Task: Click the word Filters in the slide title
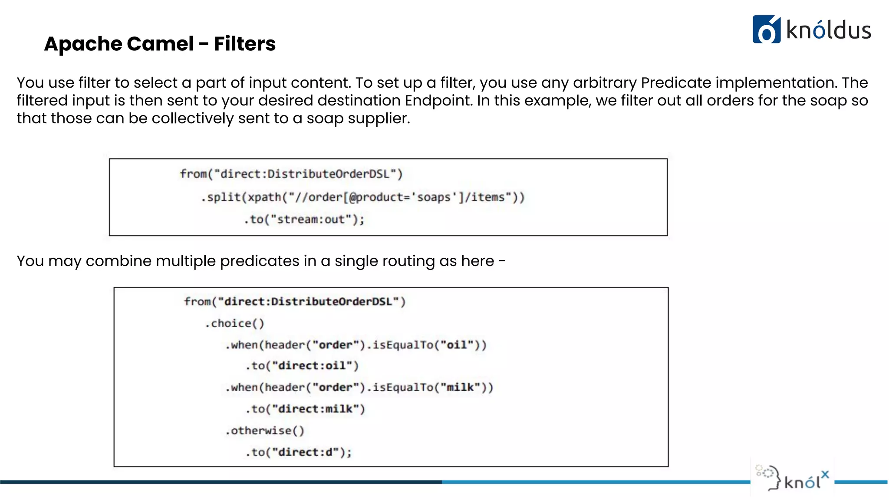coord(245,44)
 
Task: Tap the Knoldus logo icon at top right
coord(766,30)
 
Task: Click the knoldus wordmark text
coord(828,30)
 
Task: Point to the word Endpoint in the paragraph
coord(438,100)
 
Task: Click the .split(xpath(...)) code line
coord(362,197)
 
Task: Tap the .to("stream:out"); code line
coord(304,220)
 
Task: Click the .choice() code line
coord(234,323)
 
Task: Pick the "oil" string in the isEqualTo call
coord(457,345)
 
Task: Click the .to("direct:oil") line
coord(302,366)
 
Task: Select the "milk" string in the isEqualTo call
coord(463,387)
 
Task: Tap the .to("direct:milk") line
coord(305,409)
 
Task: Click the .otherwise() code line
coord(265,431)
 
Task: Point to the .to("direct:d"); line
coord(299,452)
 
